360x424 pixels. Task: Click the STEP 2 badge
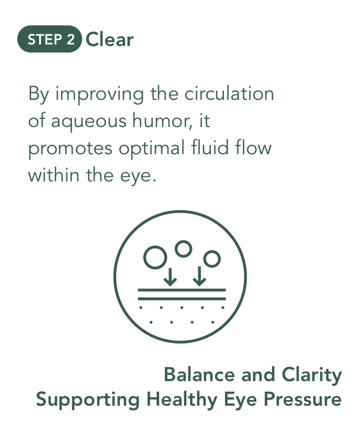(49, 39)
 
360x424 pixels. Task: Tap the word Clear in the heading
(109, 40)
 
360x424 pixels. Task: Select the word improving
(99, 95)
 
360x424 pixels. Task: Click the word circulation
(229, 94)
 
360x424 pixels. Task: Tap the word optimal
(152, 148)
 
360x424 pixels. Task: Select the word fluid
(210, 147)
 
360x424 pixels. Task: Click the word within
(54, 175)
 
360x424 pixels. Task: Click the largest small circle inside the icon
(155, 257)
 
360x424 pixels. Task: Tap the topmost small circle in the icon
(184, 249)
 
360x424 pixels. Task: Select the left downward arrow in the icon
(170, 277)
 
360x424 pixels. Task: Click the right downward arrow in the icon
(199, 276)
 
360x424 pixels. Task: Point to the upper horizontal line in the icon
(182, 290)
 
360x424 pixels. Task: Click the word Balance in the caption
(199, 375)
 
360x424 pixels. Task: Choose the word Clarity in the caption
(312, 376)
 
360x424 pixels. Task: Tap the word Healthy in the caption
(182, 400)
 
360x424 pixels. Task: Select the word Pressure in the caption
(302, 399)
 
